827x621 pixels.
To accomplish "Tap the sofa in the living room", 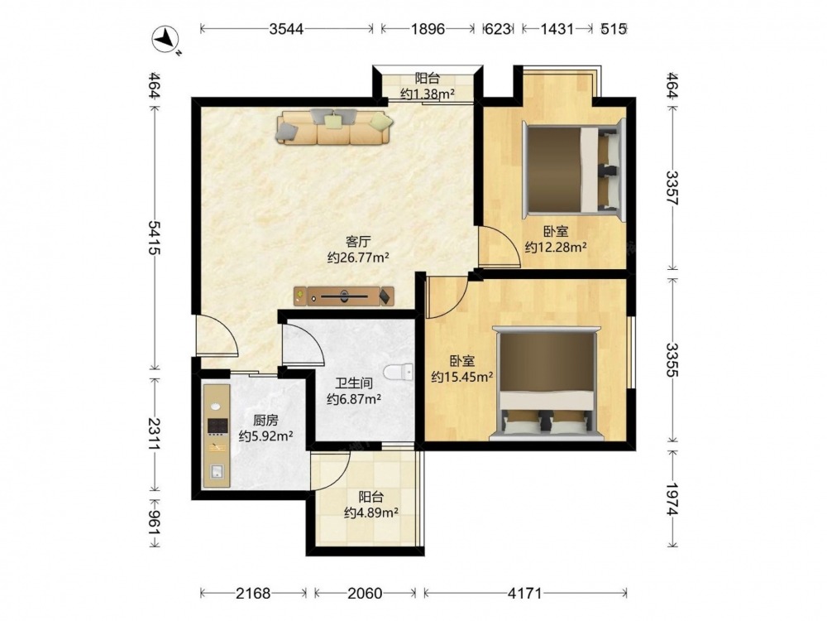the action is (x=334, y=126).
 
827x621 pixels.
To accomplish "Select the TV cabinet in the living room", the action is (x=344, y=296).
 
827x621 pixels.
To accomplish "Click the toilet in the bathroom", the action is (x=399, y=373).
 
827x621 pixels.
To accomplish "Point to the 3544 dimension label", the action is (x=286, y=28).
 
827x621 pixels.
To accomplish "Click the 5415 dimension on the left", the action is (x=154, y=238).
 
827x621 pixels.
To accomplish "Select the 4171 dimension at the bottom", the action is (x=525, y=594).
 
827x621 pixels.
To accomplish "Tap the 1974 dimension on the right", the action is (x=672, y=499).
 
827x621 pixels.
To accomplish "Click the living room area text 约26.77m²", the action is (x=358, y=258).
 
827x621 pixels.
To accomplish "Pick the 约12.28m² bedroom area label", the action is (x=556, y=247).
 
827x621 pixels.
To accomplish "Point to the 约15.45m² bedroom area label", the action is (x=462, y=377).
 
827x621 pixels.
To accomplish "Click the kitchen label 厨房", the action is (x=265, y=421).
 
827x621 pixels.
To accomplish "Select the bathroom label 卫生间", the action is (x=353, y=383).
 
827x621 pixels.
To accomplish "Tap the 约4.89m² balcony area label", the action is (x=370, y=513).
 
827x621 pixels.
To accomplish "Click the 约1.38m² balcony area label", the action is (x=428, y=94).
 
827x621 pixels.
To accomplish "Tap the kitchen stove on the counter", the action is (x=218, y=426).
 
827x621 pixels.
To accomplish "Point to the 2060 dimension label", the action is (x=365, y=594).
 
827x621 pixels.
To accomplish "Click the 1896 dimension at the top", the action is (x=428, y=28).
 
